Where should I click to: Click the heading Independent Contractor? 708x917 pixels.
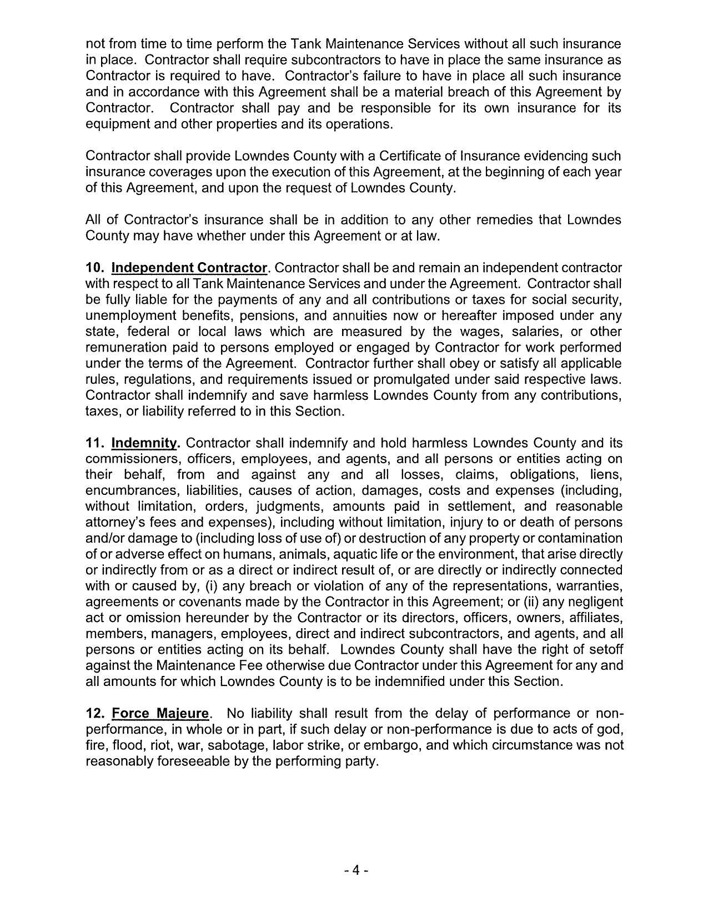point(189,268)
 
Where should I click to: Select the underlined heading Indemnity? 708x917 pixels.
point(145,443)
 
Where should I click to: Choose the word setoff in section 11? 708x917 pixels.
point(605,649)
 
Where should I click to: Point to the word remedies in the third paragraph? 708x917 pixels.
point(504,220)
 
